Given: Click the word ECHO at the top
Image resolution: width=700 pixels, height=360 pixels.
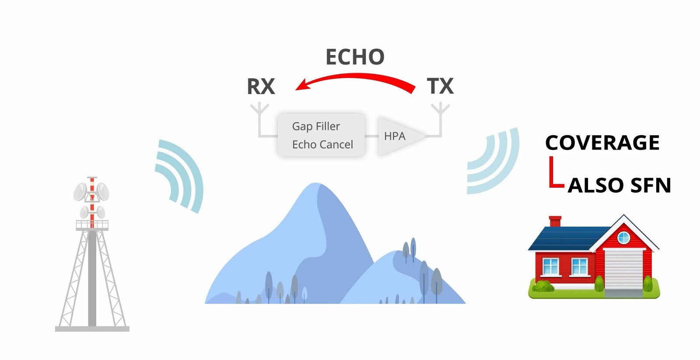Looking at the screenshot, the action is click(x=355, y=57).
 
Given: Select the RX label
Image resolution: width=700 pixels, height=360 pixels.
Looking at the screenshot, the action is click(x=261, y=86).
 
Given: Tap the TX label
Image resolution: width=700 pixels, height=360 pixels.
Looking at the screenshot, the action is click(x=440, y=86).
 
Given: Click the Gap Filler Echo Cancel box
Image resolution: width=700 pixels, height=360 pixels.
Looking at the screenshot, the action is click(x=321, y=135).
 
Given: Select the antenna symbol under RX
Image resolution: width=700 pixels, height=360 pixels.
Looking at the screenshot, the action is click(x=260, y=120).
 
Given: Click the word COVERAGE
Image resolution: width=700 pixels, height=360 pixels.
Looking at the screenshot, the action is click(x=602, y=143).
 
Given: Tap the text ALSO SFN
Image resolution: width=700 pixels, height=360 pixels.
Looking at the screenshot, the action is click(x=619, y=185).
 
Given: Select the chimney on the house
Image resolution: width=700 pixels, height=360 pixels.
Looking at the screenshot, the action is click(x=555, y=221).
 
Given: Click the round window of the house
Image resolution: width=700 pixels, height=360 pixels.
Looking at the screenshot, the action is click(x=624, y=238).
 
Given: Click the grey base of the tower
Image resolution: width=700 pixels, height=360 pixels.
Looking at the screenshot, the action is click(x=92, y=329).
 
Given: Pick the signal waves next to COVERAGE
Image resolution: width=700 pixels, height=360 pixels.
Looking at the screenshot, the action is click(x=493, y=161).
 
